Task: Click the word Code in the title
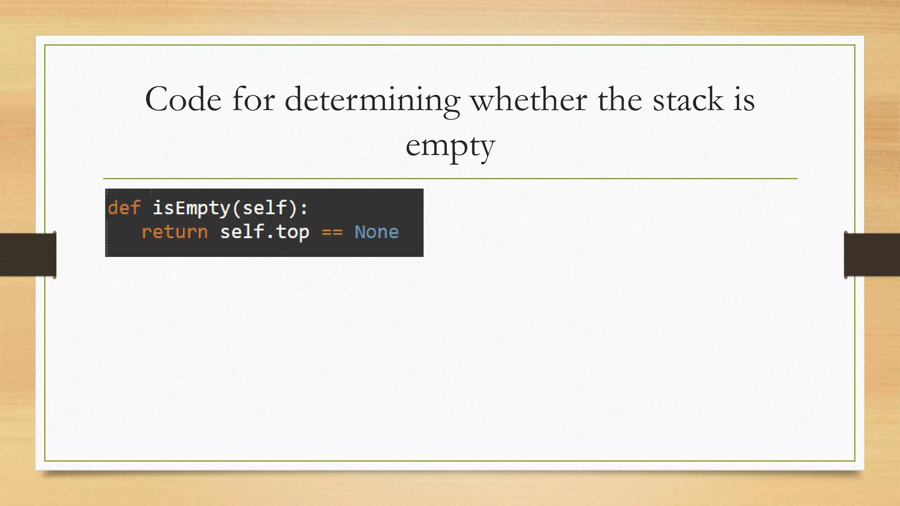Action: point(183,100)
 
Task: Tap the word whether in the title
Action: point(528,100)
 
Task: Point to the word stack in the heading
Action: point(688,100)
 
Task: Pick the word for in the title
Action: point(253,100)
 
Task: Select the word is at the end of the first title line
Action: point(744,100)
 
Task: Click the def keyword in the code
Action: point(124,208)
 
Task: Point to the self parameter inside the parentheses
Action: point(265,208)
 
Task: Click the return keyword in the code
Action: point(174,232)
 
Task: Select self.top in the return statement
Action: point(265,232)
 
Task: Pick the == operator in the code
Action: point(332,232)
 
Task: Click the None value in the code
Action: point(377,232)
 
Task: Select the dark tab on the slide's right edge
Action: point(872,255)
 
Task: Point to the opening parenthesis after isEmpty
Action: point(236,208)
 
